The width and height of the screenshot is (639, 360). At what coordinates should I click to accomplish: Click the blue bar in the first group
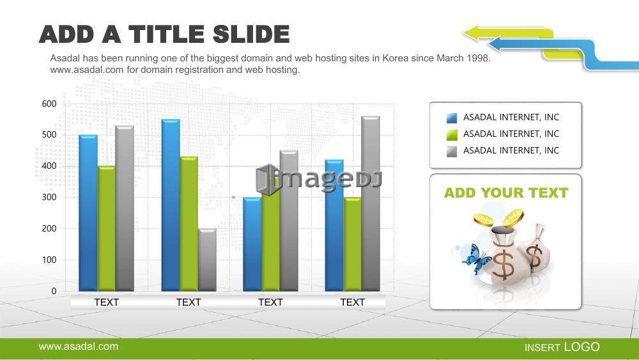pos(88,213)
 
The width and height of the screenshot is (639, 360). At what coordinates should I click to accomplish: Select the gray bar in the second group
pos(207,260)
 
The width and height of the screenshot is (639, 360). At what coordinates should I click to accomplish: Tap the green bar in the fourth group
pos(353,244)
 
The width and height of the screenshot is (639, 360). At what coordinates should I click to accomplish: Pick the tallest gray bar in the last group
pos(371,203)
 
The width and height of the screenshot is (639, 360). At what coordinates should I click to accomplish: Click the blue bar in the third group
pos(252,244)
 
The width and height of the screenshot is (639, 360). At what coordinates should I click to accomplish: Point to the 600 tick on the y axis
pos(49,104)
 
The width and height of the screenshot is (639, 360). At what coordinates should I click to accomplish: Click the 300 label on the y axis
pos(49,198)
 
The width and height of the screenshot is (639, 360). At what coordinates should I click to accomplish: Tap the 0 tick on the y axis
pos(54,291)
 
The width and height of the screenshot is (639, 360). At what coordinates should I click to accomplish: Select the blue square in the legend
pos(452,118)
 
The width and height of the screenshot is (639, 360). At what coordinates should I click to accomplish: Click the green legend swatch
pos(452,134)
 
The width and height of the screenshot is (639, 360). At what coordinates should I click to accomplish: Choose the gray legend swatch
pos(452,152)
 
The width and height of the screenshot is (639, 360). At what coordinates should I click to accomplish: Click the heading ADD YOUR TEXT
pos(506,193)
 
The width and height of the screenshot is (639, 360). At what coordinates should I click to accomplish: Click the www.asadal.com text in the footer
pos(78,347)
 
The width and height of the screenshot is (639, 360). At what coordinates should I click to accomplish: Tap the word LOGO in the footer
pos(582,347)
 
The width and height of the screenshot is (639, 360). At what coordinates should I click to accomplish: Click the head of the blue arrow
pos(495,44)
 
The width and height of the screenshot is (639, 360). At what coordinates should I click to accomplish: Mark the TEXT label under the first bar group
pos(106,302)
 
